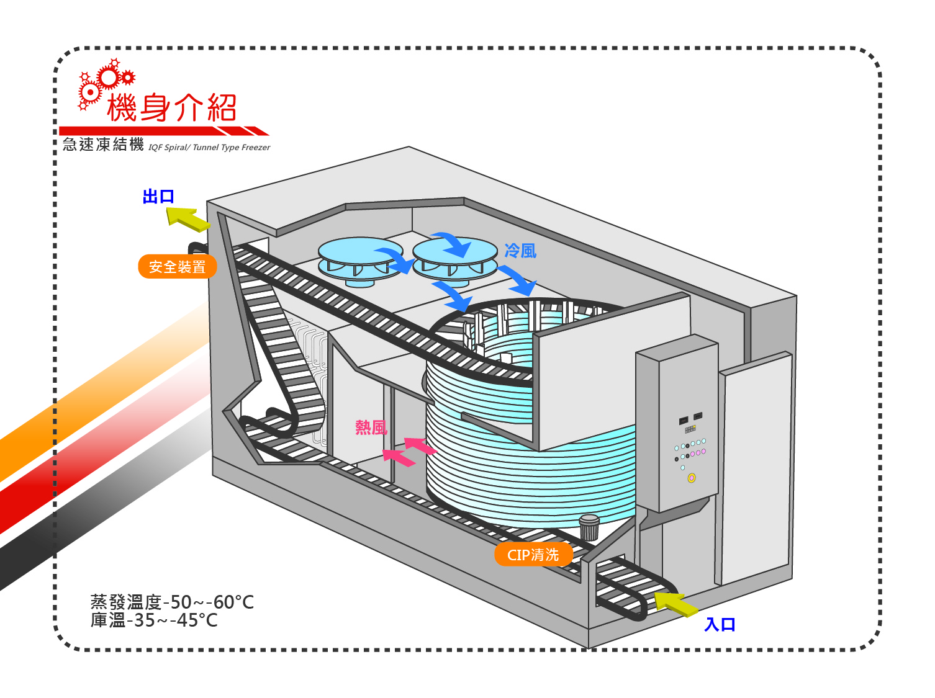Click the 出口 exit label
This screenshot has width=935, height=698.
[x=158, y=197]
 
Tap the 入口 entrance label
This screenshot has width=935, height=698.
[x=720, y=624]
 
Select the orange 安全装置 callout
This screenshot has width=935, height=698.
[x=177, y=267]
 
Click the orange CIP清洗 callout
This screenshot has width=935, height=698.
[x=533, y=555]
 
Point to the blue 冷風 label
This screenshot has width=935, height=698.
[x=520, y=251]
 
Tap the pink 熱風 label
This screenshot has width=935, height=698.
[x=371, y=427]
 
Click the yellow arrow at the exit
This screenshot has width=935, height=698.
[x=187, y=219]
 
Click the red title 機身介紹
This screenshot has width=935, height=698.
[x=172, y=107]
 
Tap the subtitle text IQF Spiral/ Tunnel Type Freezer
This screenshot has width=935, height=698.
[x=209, y=148]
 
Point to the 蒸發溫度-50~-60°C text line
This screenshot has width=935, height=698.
[x=172, y=602]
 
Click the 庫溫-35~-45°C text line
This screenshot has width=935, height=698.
[x=154, y=620]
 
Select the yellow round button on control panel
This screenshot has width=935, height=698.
[x=692, y=478]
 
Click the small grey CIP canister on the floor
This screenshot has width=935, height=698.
[x=589, y=527]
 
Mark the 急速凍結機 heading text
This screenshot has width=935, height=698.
[x=103, y=145]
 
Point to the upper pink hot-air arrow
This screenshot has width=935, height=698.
[x=420, y=445]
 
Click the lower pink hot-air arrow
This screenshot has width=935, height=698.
[x=399, y=458]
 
